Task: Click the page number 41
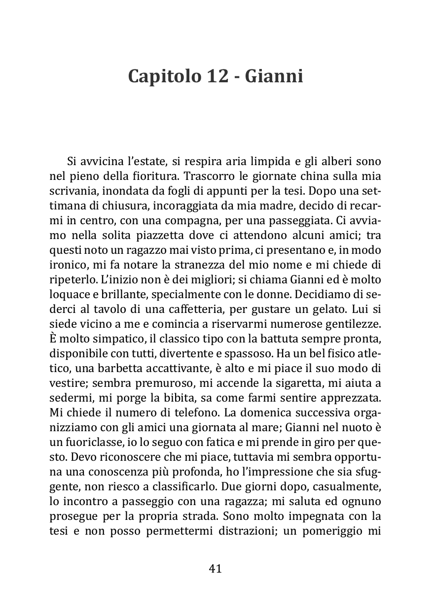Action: [215, 568]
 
